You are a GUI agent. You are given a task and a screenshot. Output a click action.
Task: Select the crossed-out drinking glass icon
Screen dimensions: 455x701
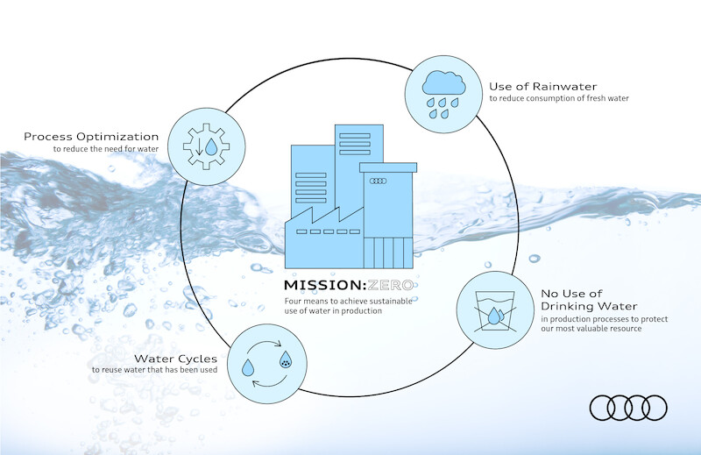(x=493, y=310)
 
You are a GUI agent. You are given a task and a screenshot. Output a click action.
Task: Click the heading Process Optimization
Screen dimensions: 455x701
(x=91, y=137)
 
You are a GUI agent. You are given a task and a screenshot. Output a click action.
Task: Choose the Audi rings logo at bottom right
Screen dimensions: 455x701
(x=628, y=407)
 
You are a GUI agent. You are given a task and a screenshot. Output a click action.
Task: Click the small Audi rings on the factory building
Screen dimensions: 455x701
(x=379, y=181)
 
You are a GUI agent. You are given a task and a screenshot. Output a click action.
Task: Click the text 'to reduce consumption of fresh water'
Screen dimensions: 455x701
(x=559, y=98)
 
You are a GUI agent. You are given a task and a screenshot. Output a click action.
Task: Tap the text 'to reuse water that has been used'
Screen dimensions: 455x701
(x=155, y=370)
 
